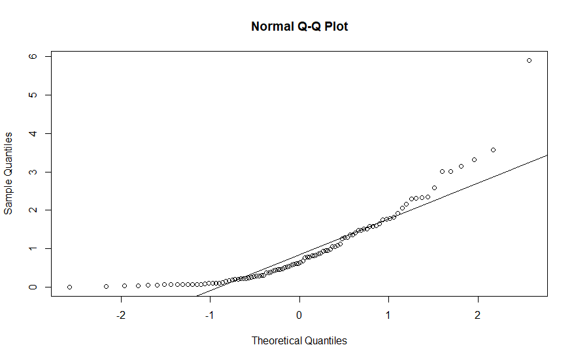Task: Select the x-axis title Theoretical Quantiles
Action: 299,340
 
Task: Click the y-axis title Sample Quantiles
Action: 8,172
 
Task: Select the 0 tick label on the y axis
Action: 31,287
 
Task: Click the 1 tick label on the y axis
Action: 31,248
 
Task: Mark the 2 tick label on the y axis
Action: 31,210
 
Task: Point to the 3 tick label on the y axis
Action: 31,172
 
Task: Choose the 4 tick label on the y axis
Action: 31,133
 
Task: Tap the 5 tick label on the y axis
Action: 31,95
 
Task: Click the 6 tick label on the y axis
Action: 31,57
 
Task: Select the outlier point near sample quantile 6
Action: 529,60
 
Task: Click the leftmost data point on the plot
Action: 69,287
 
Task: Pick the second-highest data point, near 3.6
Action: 493,150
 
